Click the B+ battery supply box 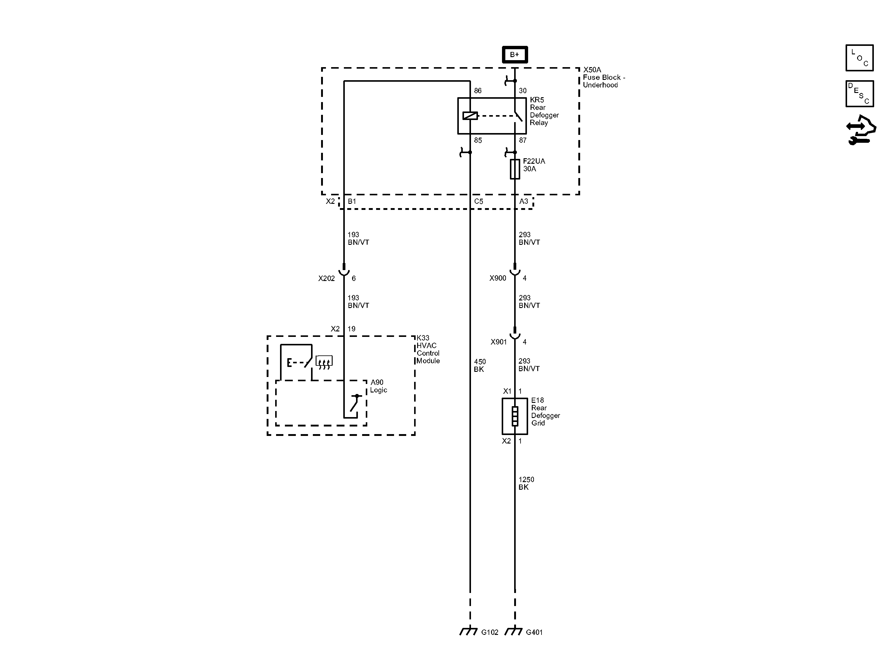(514, 54)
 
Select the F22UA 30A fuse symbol (515, 169)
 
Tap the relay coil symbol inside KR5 (470, 116)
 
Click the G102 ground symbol (469, 631)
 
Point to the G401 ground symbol (514, 631)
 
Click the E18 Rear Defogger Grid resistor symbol (515, 416)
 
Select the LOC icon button (860, 58)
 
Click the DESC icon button (860, 94)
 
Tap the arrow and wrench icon (861, 130)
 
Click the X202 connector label (326, 278)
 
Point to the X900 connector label (497, 278)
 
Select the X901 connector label (499, 342)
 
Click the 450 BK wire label (479, 365)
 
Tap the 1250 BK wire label (526, 483)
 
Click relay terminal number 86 (478, 91)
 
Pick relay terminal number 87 (522, 140)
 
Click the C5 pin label (478, 201)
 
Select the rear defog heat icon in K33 (324, 361)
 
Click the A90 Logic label (378, 386)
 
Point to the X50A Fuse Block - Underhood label (604, 77)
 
